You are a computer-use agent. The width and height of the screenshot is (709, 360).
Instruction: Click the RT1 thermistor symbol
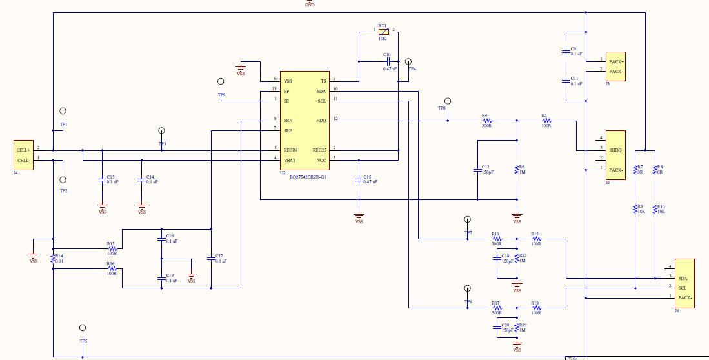pos(383,31)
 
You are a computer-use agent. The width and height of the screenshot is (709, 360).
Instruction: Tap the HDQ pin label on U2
pos(321,121)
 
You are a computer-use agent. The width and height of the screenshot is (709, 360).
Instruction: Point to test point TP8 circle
pos(448,101)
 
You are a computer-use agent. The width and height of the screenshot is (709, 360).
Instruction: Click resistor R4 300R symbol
pos(487,121)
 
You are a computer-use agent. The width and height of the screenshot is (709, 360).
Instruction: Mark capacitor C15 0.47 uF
pos(359,180)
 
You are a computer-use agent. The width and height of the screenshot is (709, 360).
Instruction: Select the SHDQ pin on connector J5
pos(615,149)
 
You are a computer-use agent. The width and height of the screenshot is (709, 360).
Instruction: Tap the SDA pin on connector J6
pos(683,277)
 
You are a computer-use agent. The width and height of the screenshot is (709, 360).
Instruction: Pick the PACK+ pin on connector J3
pos(615,62)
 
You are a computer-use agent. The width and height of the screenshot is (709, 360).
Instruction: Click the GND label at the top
pos(310,5)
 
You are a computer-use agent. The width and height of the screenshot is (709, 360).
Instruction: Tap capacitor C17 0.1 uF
pos(210,259)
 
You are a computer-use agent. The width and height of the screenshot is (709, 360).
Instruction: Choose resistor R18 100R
pos(536,309)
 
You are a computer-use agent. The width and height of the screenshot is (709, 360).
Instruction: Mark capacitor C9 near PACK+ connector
pos(566,52)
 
